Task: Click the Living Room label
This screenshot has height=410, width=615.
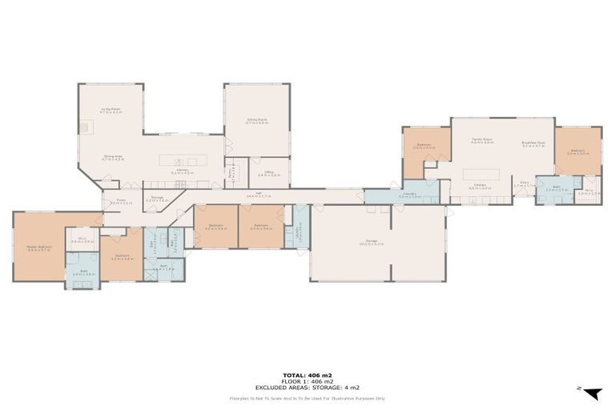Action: (x=111, y=111)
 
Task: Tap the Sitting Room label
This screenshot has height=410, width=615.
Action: (x=256, y=121)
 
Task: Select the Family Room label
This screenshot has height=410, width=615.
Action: (x=481, y=140)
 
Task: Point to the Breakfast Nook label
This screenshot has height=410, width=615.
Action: (x=533, y=145)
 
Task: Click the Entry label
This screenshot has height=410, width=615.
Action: (x=525, y=184)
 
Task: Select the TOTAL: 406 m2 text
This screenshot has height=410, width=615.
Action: (x=307, y=375)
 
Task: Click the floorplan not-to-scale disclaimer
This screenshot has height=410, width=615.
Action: (x=307, y=397)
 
